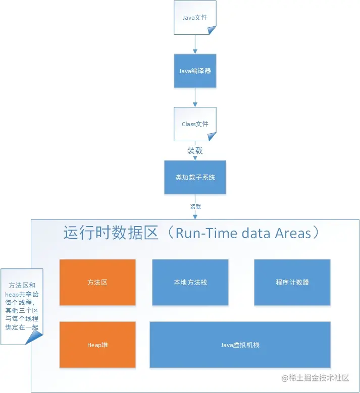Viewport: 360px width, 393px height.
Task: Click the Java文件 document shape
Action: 195,18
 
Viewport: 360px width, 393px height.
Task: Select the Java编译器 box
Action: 195,71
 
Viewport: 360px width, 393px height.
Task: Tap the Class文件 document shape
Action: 195,124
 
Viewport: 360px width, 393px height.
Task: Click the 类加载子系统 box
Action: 195,177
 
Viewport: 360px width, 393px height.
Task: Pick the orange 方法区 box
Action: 97,283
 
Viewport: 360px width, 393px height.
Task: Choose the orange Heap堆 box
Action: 97,345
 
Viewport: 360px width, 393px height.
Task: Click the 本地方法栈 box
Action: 190,283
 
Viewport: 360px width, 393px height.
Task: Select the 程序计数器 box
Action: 292,283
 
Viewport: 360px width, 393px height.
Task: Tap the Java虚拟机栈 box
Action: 240,345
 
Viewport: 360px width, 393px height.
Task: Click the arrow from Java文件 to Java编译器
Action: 195,44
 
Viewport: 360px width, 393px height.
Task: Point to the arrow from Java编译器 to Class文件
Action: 195,97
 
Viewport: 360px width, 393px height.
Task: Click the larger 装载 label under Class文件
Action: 195,150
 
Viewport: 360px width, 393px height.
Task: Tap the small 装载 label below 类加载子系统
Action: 195,206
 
